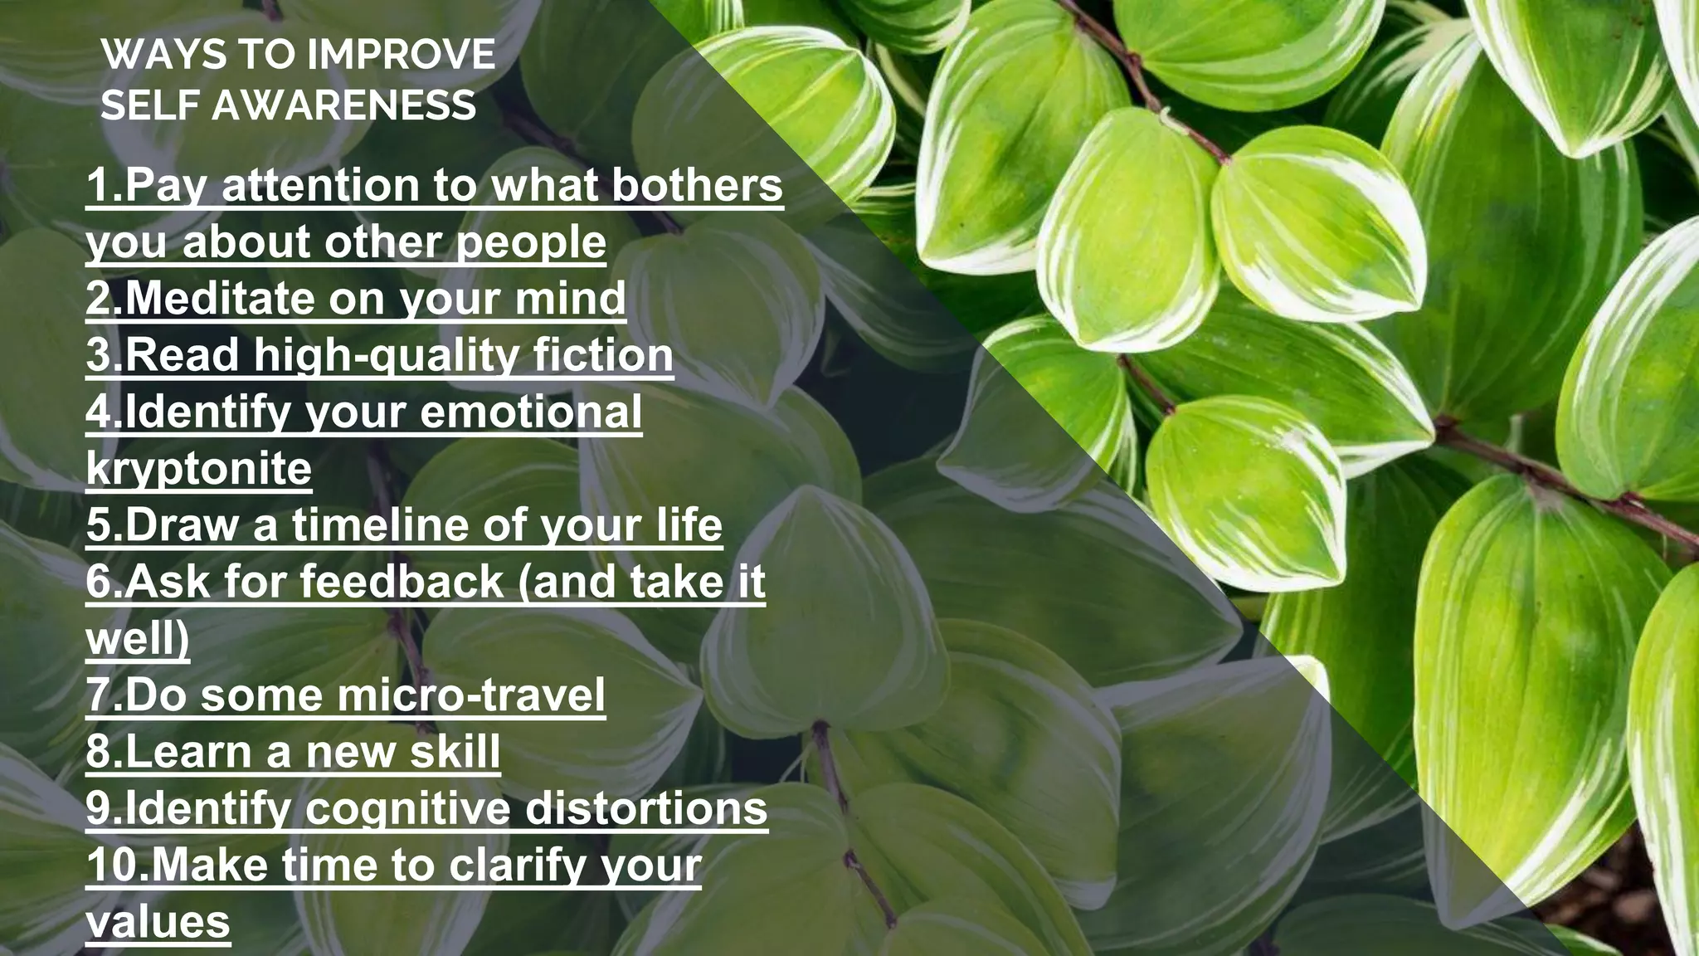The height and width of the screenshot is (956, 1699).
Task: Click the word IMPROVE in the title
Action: [401, 56]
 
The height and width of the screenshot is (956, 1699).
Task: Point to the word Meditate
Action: [220, 299]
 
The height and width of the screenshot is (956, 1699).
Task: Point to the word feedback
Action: [402, 582]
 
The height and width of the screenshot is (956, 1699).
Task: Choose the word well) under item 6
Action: [138, 639]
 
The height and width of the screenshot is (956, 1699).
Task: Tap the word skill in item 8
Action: [455, 752]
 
